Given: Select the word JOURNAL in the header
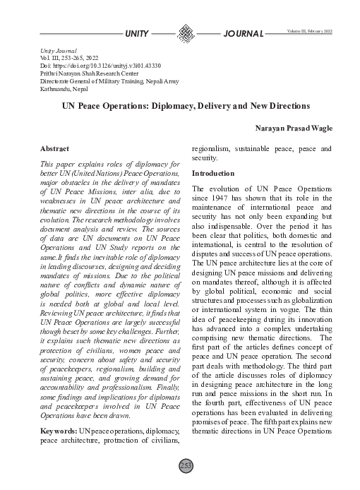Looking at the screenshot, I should click(x=243, y=34).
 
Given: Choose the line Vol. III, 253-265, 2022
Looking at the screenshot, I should click(x=71, y=57).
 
